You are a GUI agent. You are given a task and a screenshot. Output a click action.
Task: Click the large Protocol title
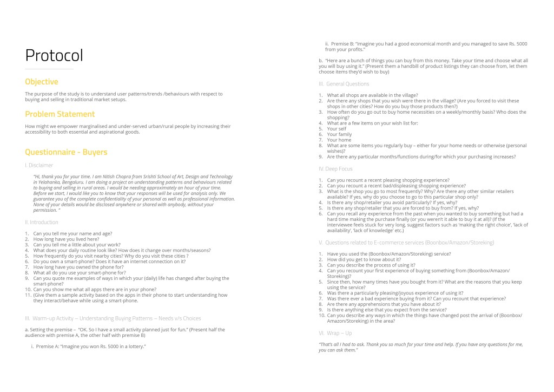(54, 56)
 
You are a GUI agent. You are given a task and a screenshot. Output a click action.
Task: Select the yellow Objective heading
(42, 82)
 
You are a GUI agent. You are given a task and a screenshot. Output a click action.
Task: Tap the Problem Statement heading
(60, 114)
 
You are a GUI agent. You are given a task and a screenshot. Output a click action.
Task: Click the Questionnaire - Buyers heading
(66, 152)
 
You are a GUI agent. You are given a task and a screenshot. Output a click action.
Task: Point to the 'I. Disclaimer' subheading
(39, 165)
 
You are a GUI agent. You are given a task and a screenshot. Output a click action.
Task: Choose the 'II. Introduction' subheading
(42, 222)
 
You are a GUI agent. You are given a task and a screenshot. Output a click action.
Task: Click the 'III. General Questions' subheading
(344, 84)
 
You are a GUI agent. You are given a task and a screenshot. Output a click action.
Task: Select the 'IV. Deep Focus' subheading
(335, 169)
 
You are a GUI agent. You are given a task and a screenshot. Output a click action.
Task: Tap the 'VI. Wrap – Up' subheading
(335, 333)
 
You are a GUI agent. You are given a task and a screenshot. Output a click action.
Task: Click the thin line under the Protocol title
(49, 69)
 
